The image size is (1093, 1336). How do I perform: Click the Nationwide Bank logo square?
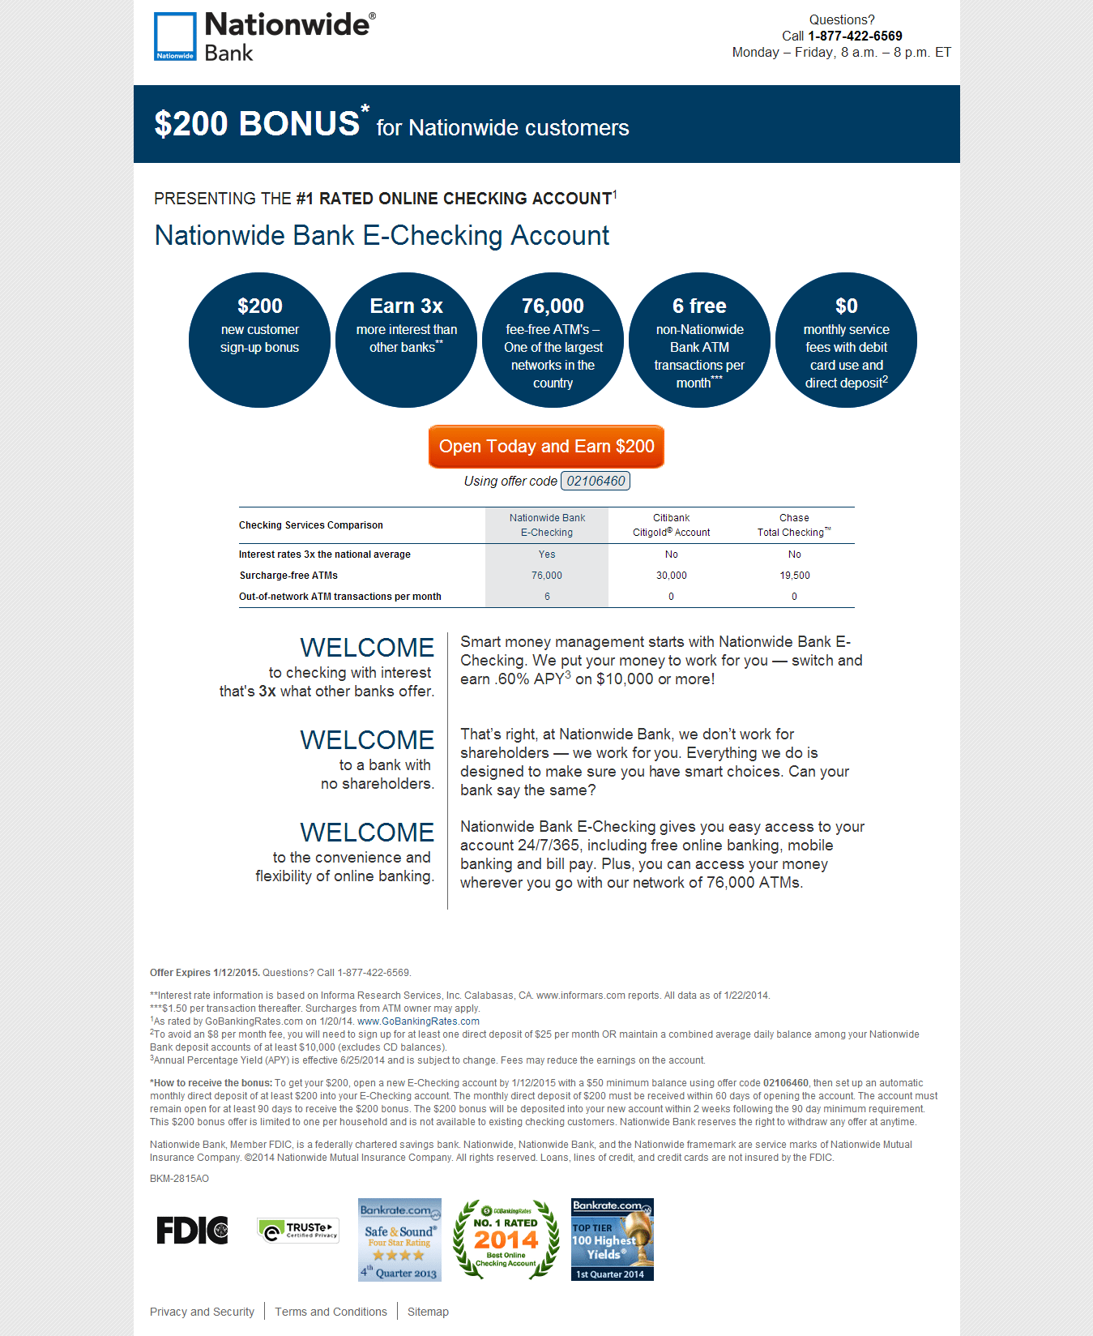click(175, 36)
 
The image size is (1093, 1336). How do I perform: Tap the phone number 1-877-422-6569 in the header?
click(855, 36)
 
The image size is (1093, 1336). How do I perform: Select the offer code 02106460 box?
click(596, 481)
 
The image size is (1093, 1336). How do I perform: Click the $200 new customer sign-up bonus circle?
click(259, 340)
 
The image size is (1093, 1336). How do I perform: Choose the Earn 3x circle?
click(406, 340)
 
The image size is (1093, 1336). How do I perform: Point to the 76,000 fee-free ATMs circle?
click(553, 340)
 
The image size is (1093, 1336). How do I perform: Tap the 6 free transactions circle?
click(699, 340)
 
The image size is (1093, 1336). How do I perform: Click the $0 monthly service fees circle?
click(846, 340)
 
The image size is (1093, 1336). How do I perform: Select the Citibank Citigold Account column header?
click(671, 525)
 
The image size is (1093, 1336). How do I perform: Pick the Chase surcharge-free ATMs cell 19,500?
click(795, 576)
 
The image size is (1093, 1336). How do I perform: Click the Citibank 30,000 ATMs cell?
click(671, 576)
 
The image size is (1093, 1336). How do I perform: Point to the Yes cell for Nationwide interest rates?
click(547, 555)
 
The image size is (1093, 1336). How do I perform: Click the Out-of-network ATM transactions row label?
click(340, 597)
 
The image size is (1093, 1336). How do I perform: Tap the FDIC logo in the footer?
click(192, 1230)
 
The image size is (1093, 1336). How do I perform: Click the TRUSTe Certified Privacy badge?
click(298, 1230)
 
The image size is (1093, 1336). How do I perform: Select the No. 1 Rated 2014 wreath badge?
click(506, 1240)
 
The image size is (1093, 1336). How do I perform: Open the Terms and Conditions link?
click(331, 1312)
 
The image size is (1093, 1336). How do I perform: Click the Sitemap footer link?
click(428, 1312)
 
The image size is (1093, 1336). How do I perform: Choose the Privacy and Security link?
click(202, 1312)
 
